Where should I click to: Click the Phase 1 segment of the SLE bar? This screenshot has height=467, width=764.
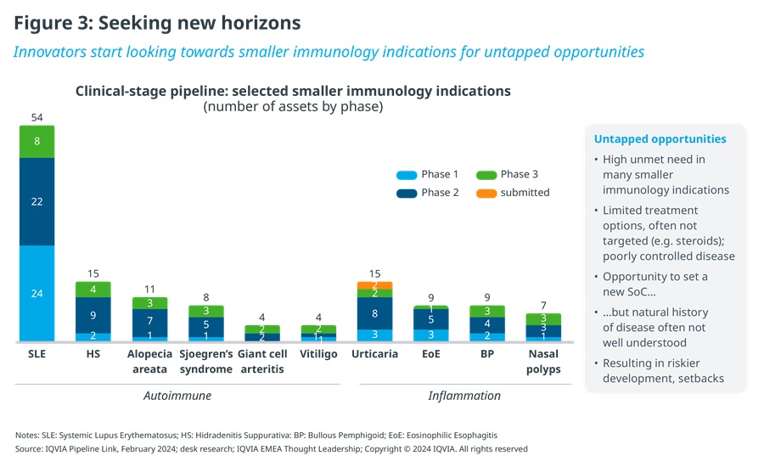(37, 294)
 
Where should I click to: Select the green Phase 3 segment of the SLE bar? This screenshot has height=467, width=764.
(37, 142)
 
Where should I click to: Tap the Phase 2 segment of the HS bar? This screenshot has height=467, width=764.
(93, 315)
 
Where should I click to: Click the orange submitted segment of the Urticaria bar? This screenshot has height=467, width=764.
(374, 284)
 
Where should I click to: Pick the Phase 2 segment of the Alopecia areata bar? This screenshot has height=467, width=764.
(149, 320)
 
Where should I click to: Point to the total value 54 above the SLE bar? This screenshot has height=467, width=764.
(37, 117)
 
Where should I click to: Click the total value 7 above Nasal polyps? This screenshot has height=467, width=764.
(542, 305)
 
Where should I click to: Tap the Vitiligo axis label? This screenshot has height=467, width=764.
(318, 354)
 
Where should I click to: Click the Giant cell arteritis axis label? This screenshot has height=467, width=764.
(261, 362)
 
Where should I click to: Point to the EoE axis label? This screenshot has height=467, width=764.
(430, 354)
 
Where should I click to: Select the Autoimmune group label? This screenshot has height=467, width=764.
(177, 396)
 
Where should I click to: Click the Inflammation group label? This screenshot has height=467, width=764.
(463, 396)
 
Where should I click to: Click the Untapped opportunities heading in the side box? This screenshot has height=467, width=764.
(660, 139)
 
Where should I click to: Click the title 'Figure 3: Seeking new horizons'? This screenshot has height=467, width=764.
(157, 22)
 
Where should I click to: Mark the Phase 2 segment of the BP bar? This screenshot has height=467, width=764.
(486, 324)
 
